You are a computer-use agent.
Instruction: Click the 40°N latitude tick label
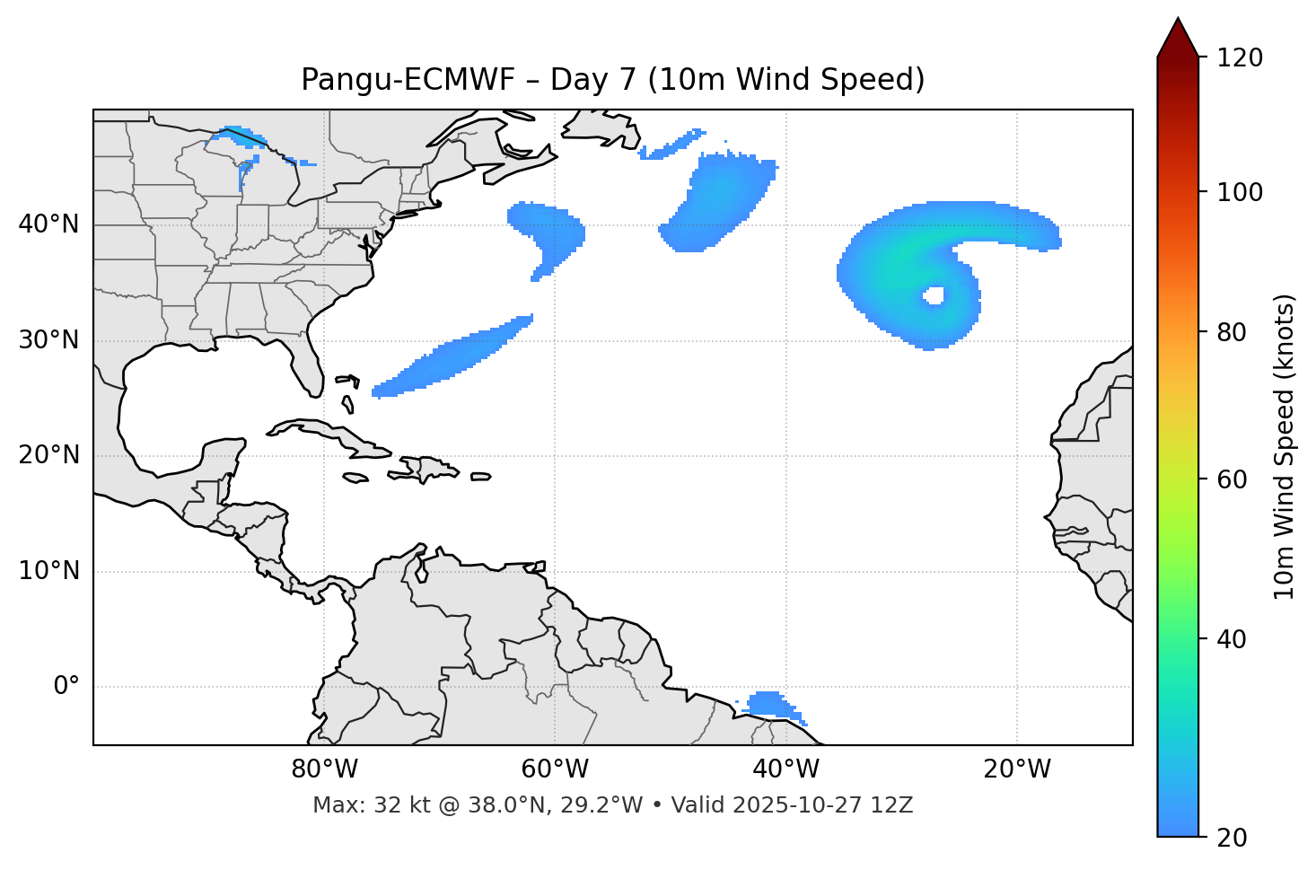tap(48, 224)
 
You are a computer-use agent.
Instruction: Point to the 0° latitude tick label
tap(66, 687)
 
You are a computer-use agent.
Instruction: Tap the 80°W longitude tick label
tap(324, 769)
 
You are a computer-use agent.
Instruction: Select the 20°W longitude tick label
tap(1017, 769)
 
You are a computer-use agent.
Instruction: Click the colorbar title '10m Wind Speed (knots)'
tap(1285, 446)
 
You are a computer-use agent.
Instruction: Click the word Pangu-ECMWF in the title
tap(408, 80)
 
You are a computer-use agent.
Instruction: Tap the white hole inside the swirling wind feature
tap(934, 295)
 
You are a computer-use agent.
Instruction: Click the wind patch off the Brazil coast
tap(769, 703)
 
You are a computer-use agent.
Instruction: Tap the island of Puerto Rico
tap(481, 477)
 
